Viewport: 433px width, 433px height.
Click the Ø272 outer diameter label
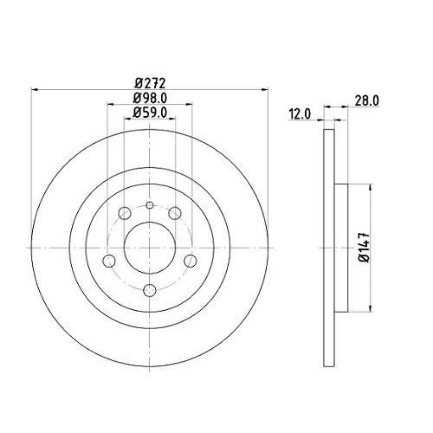(150, 83)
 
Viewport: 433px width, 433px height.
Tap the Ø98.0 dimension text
(150, 98)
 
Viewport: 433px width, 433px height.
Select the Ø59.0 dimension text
(150, 113)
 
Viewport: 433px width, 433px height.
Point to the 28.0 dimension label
(367, 101)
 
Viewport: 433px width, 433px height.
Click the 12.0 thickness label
(300, 114)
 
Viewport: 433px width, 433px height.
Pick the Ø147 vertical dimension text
(365, 248)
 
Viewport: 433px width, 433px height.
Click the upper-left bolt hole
(125, 213)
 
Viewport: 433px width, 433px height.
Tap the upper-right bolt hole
(175, 213)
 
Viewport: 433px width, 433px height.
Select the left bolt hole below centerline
(109, 261)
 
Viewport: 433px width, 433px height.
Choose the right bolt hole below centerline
(191, 261)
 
